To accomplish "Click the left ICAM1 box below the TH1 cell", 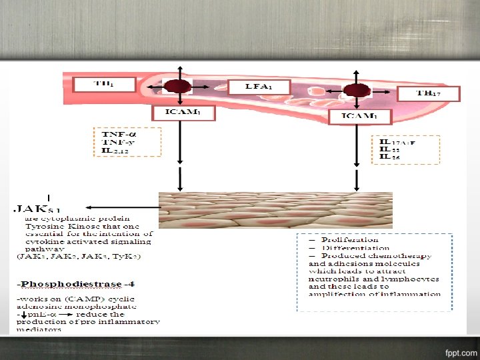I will [180, 113].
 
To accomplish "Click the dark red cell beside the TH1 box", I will [178, 87].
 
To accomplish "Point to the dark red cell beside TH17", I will [357, 90].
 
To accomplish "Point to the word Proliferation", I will [349, 239].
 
